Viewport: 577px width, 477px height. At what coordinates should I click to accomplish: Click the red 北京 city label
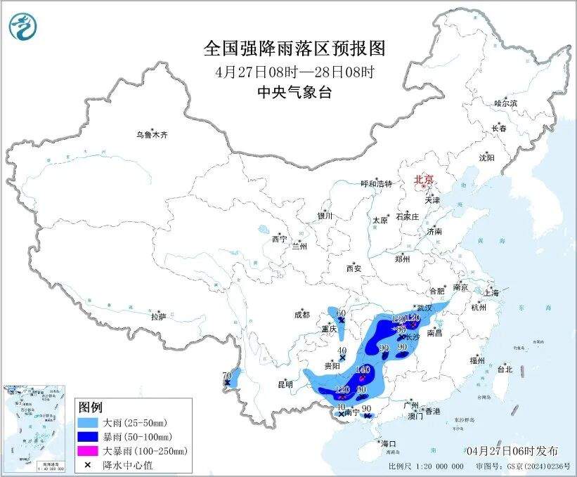tap(424, 178)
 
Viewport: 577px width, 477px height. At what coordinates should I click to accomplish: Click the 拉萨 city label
tap(157, 317)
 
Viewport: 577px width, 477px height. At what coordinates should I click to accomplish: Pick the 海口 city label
tap(389, 443)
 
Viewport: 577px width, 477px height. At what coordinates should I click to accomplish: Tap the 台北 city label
tap(504, 369)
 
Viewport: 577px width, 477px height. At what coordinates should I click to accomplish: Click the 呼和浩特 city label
tap(376, 183)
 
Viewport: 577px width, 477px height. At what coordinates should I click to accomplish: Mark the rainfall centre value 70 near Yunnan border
tap(226, 376)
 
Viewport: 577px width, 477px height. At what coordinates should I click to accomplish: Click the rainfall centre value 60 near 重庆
tap(342, 313)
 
